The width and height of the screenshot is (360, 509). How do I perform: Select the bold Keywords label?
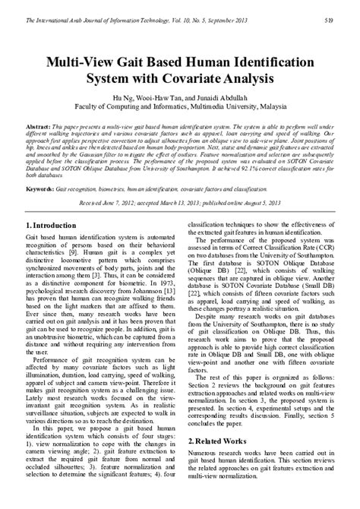tap(39, 186)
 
